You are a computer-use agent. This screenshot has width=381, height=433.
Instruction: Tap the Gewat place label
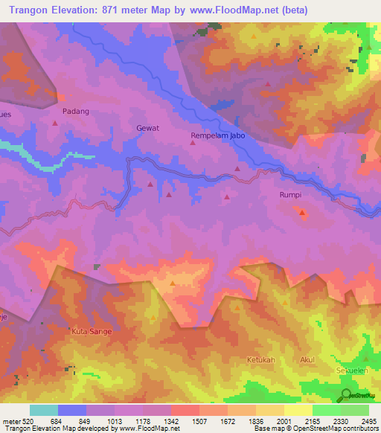tap(147, 128)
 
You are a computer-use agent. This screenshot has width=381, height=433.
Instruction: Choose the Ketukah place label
tap(261, 360)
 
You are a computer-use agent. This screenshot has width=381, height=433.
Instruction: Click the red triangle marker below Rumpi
tap(302, 213)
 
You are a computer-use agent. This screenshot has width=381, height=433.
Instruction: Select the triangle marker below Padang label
tap(54, 124)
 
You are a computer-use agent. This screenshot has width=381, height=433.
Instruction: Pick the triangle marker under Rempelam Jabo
tap(193, 144)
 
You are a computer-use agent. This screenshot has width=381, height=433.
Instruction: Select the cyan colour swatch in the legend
tap(44, 410)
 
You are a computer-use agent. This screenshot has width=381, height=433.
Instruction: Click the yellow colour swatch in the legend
tap(298, 410)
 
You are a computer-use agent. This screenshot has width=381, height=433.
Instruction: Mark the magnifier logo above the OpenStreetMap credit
tap(347, 395)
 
